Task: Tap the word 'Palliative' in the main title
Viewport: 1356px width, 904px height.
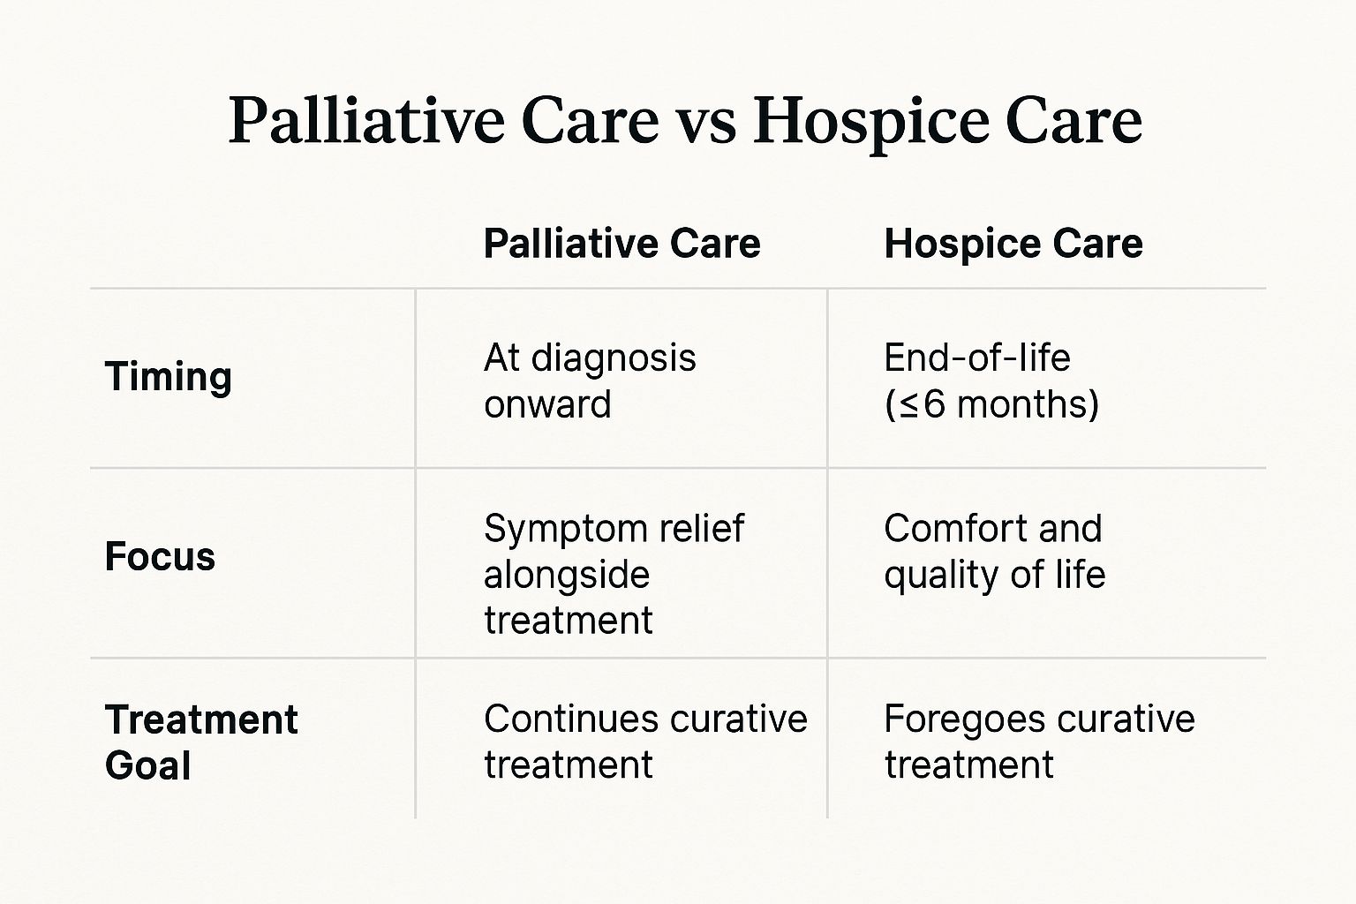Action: pyautogui.click(x=366, y=121)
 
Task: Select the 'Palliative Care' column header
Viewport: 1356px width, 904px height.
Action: pyautogui.click(x=621, y=244)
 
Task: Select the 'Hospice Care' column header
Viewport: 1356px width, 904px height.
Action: pyautogui.click(x=1013, y=244)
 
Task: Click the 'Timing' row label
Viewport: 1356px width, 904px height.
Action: pyautogui.click(x=168, y=377)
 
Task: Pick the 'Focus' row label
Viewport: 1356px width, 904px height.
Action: pyautogui.click(x=160, y=557)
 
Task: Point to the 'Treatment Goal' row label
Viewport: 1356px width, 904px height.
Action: pyautogui.click(x=200, y=742)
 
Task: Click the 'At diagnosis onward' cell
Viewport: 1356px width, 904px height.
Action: pyautogui.click(x=590, y=381)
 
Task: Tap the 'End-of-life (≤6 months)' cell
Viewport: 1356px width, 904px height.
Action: pyautogui.click(x=991, y=381)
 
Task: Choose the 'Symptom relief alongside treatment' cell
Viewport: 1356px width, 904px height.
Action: pyautogui.click(x=614, y=575)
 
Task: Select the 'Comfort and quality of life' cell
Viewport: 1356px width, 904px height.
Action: pyautogui.click(x=994, y=552)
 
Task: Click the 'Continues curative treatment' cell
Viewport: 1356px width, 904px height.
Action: pyautogui.click(x=645, y=742)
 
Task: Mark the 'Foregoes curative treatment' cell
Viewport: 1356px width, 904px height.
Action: pyautogui.click(x=1039, y=742)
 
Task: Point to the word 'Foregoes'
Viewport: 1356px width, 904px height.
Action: pyautogui.click(x=958, y=719)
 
